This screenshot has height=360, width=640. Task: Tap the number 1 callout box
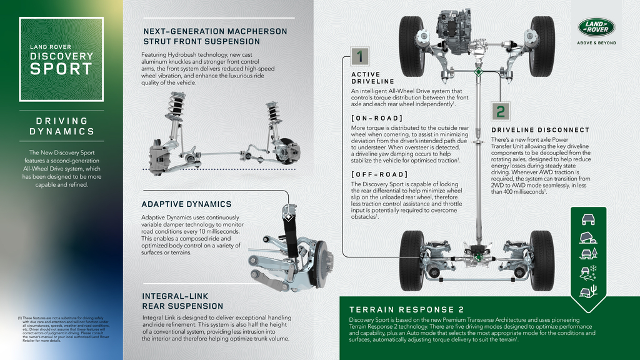(359, 57)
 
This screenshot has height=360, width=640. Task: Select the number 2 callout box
(500, 112)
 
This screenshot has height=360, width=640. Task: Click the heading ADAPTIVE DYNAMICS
(187, 204)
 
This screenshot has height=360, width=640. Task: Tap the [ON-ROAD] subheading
(377, 118)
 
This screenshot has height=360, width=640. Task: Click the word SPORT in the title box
(61, 69)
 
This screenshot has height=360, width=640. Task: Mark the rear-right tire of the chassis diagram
(541, 260)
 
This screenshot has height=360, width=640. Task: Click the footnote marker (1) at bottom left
(20, 318)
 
